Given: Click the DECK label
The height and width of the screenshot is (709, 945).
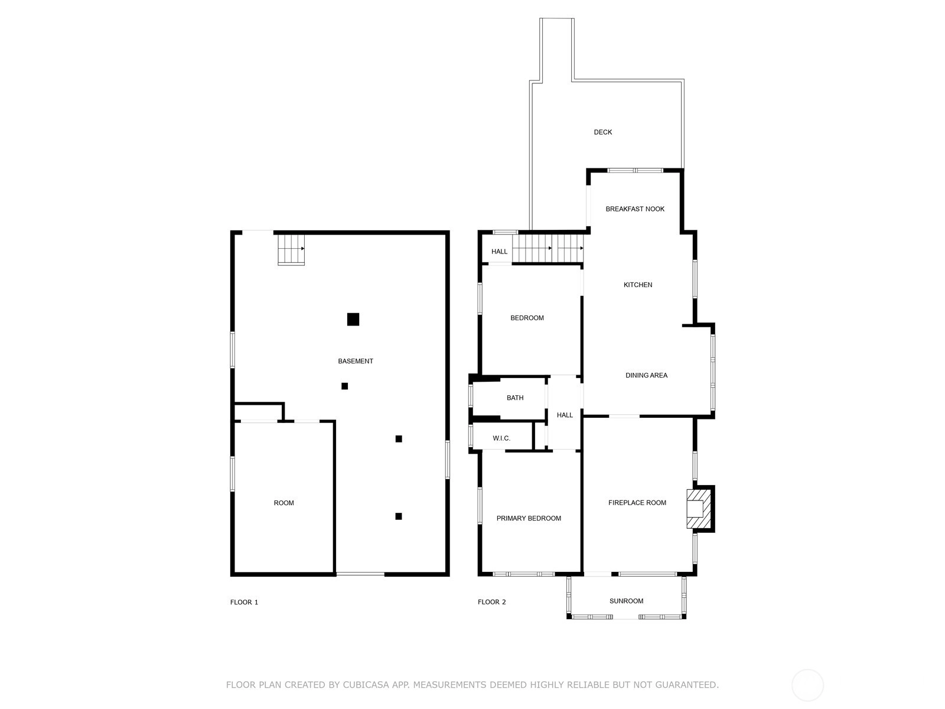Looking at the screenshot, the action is click(x=602, y=132).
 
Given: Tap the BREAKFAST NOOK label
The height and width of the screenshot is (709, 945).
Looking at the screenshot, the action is click(x=634, y=209).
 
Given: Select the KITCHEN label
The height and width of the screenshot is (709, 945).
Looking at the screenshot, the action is click(x=638, y=285).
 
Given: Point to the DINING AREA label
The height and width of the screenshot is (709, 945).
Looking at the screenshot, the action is click(x=646, y=375).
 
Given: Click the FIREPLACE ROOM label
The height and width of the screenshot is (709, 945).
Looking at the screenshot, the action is click(x=637, y=502).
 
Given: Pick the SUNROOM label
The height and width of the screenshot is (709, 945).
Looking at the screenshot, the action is click(x=626, y=600).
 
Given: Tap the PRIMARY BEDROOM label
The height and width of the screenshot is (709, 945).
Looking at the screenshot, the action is click(x=528, y=518).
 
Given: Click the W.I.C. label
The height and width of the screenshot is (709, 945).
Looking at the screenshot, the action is click(x=501, y=438).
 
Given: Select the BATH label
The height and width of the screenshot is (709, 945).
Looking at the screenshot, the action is click(x=515, y=397).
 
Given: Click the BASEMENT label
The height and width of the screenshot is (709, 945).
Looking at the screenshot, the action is click(x=355, y=361).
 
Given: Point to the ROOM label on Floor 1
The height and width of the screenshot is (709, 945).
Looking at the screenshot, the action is click(x=283, y=502).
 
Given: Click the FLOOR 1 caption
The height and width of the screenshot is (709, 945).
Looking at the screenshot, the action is click(x=244, y=602).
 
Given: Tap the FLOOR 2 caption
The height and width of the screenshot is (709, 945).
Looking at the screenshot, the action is click(x=491, y=602).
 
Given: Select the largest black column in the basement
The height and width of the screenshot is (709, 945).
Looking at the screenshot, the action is click(x=353, y=319).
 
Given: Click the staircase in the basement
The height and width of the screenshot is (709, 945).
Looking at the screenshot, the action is click(x=291, y=250).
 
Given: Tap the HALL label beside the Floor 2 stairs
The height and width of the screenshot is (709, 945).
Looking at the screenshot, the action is click(x=499, y=252).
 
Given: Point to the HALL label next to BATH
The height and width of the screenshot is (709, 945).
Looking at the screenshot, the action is click(x=565, y=415).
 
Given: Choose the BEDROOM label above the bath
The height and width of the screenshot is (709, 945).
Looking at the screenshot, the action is click(x=526, y=318).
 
